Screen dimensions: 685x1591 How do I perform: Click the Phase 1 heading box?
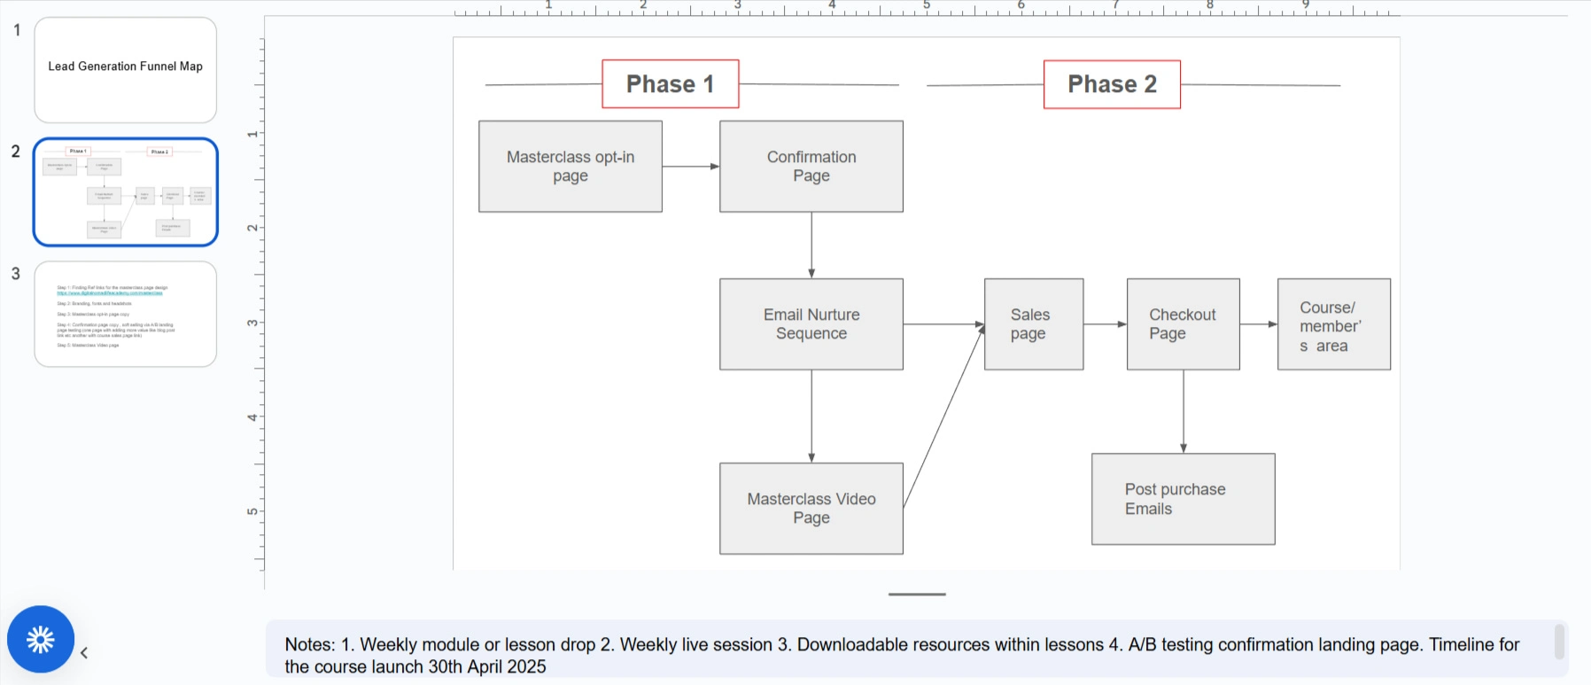point(670,84)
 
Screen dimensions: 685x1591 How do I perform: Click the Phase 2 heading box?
point(1112,84)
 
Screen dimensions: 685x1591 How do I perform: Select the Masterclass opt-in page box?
point(570,167)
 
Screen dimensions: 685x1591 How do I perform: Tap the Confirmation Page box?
point(811,167)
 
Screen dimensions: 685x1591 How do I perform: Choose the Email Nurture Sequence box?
point(811,324)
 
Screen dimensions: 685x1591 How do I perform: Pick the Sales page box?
point(1034,324)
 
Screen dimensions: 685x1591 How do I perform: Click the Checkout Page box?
point(1183,324)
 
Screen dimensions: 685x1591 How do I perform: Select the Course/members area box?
point(1333,324)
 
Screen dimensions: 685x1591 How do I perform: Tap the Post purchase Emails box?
point(1183,499)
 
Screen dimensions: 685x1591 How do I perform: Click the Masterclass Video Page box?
point(811,509)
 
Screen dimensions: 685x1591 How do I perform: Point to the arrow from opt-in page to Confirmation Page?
point(690,167)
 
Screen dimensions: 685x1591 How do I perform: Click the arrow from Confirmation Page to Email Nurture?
point(811,245)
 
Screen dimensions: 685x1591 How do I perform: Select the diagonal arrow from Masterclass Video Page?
point(943,416)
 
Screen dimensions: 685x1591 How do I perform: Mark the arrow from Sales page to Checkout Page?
point(1105,324)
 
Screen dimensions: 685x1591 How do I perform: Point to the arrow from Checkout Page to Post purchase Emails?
point(1184,411)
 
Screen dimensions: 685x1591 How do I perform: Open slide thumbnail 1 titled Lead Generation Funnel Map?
point(126,70)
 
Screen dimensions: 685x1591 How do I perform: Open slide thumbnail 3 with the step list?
point(126,314)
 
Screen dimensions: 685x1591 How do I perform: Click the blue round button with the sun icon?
point(41,639)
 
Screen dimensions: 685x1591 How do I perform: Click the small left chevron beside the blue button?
point(84,653)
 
